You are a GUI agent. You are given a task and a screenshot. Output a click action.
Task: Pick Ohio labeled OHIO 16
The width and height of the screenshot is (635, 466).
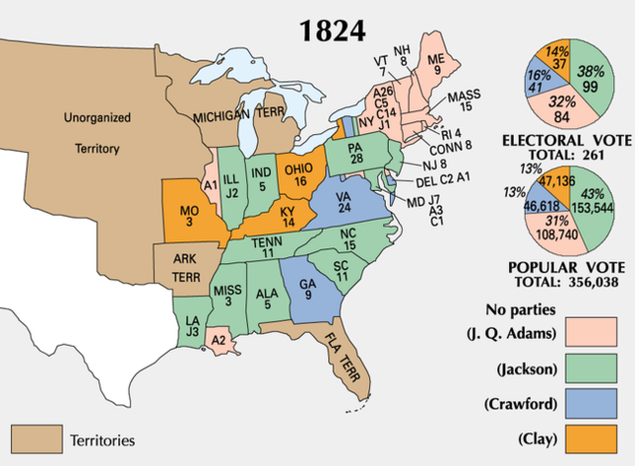tap(299, 176)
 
